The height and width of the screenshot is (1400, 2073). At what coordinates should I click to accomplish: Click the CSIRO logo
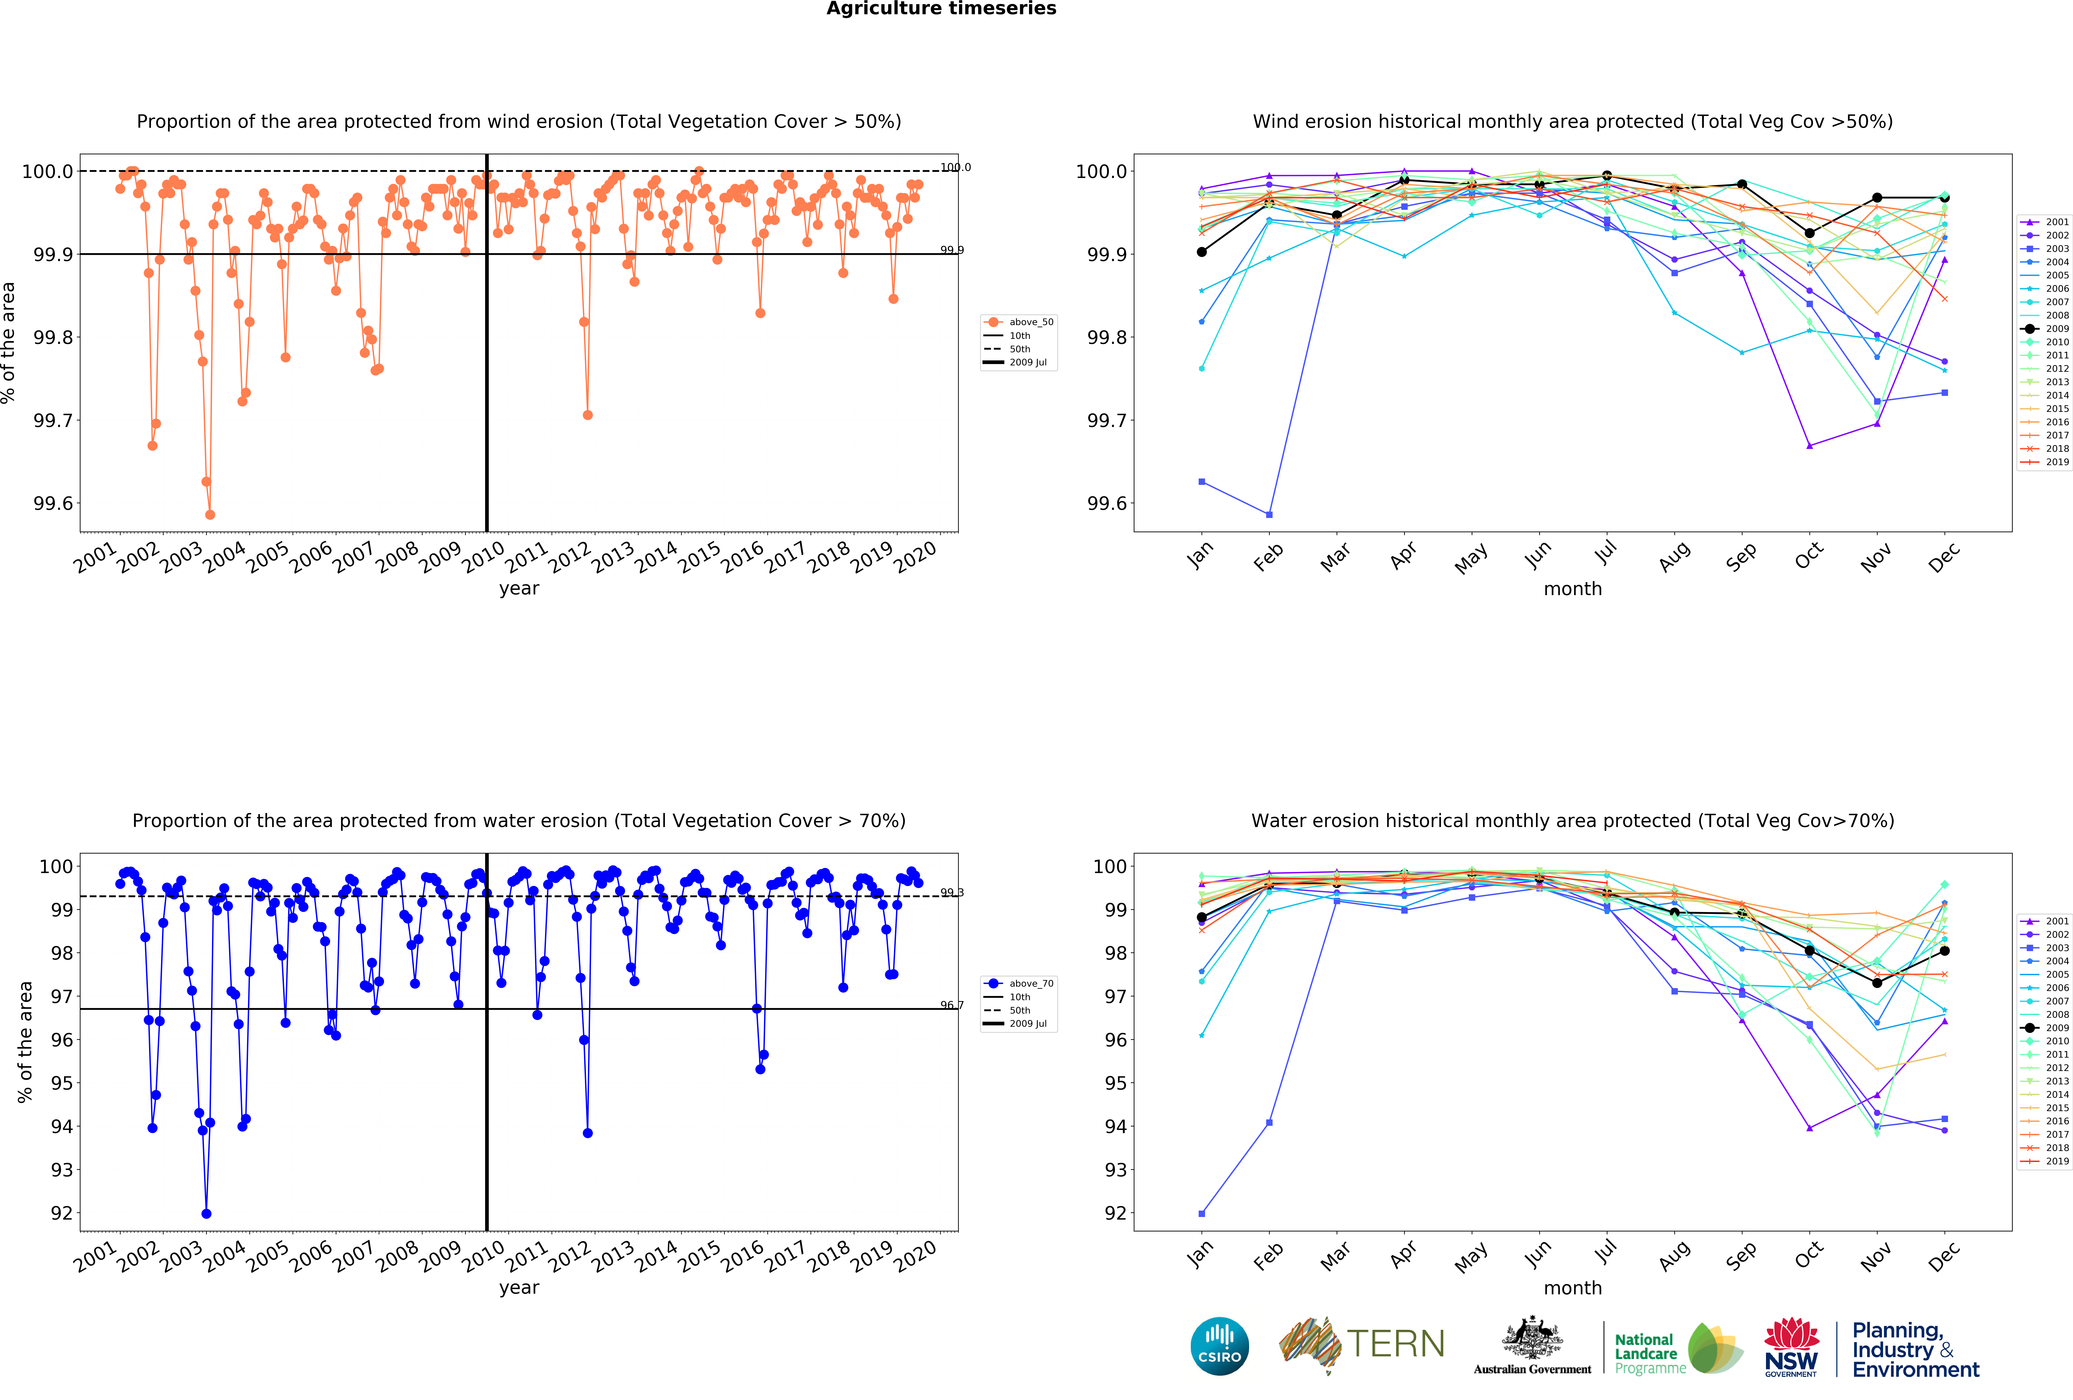[x=1219, y=1346]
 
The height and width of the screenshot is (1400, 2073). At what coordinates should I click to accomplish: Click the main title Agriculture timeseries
[x=941, y=9]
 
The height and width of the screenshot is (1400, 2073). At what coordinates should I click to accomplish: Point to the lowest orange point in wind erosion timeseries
[x=210, y=514]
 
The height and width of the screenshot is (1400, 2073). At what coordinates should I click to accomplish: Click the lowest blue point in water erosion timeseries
[x=206, y=1214]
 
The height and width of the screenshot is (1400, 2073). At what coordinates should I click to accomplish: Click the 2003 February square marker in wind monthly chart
[x=1269, y=514]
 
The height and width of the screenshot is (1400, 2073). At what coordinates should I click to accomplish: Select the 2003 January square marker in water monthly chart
[x=1202, y=1214]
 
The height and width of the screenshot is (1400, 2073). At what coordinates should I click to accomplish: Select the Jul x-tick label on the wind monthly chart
[x=1606, y=555]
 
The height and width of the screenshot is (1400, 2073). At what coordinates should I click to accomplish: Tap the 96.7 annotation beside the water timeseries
[x=952, y=1005]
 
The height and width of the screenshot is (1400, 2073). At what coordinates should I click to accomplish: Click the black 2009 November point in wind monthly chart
[x=1877, y=198]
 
